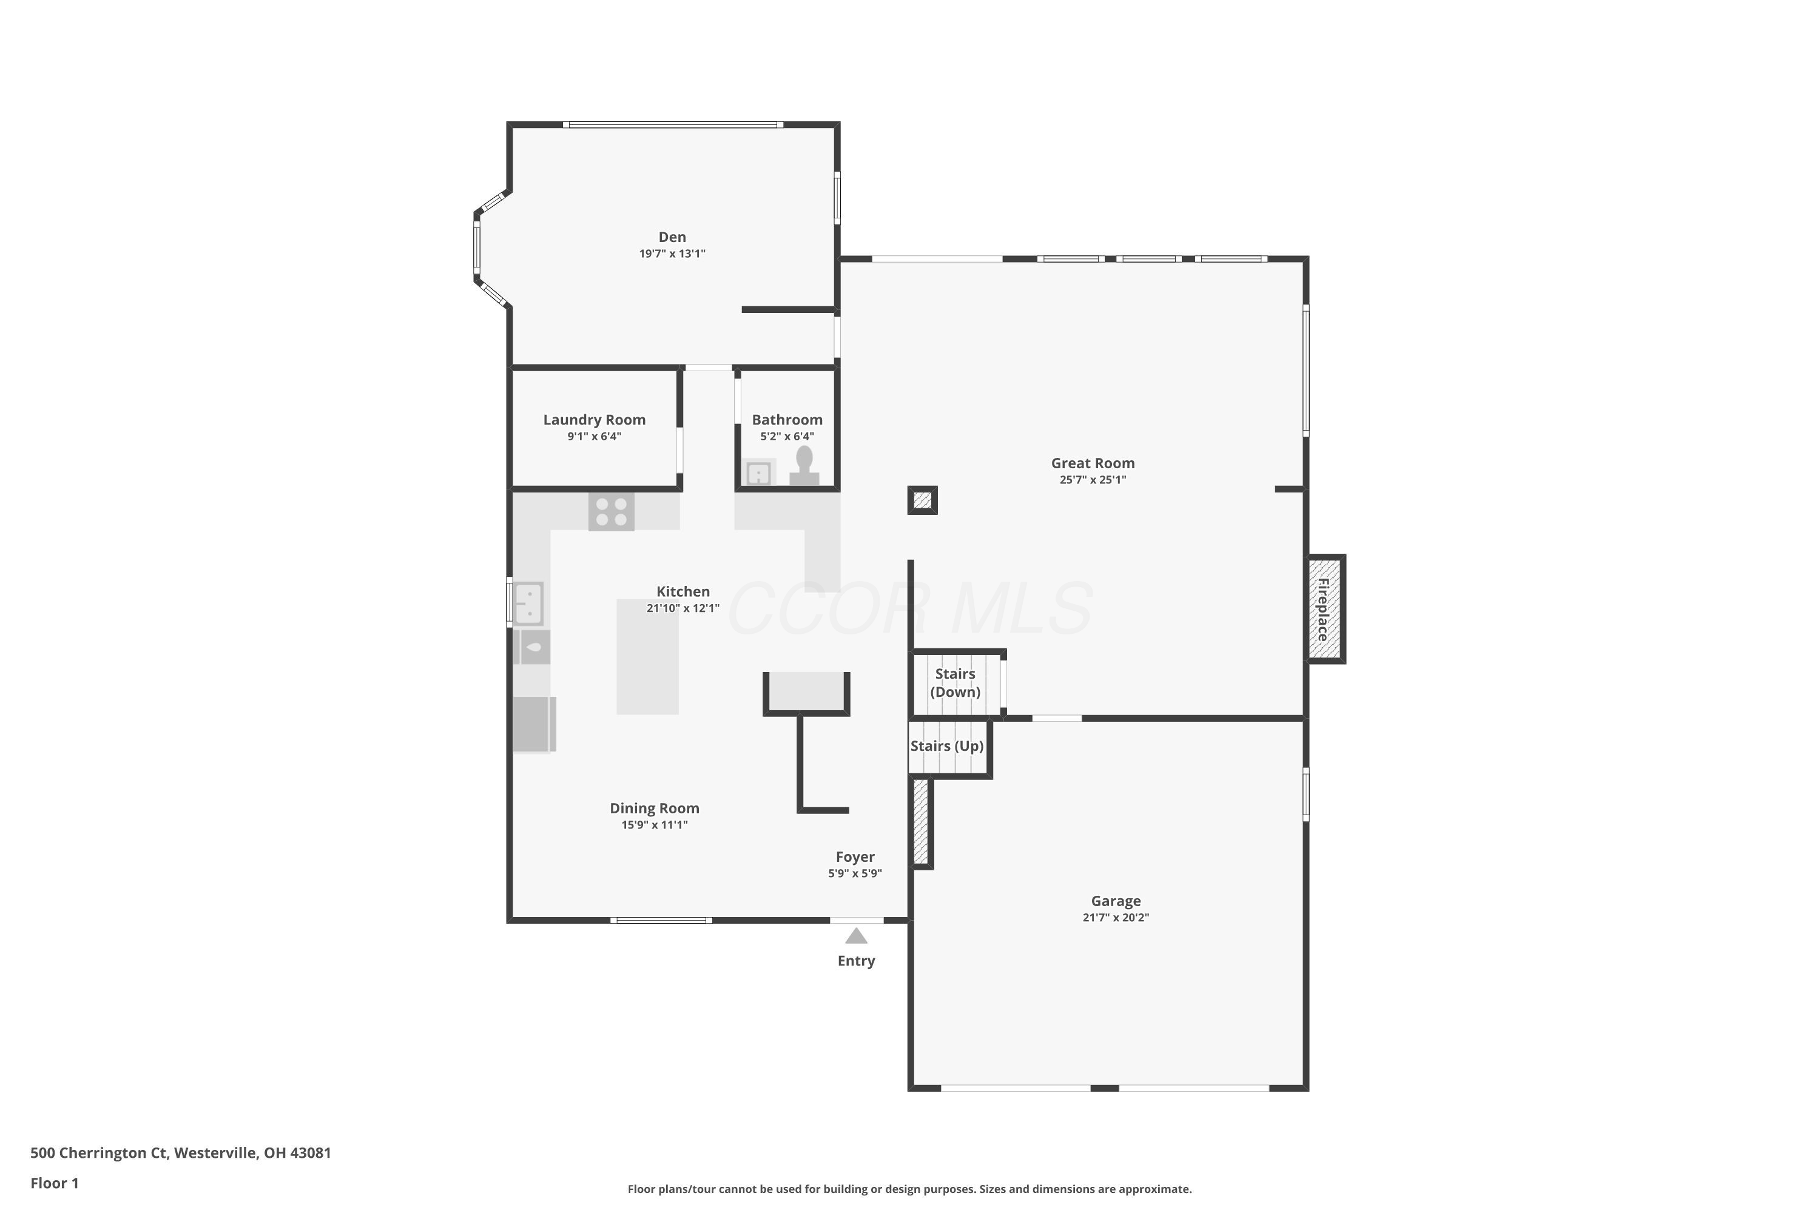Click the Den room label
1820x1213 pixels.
[x=672, y=237]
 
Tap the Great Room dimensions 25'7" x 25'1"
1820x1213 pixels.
[x=1092, y=480]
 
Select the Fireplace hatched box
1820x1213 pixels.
[x=1325, y=609]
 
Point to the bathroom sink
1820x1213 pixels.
[x=758, y=472]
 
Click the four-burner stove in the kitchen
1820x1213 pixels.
[x=612, y=511]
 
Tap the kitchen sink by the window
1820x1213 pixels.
[x=529, y=603]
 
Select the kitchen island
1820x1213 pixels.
[x=647, y=656]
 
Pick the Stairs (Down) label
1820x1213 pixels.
[x=955, y=682]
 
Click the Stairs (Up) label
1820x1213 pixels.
[x=946, y=746]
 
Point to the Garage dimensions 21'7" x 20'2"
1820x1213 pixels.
[x=1115, y=918]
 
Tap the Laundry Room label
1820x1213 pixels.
[x=593, y=419]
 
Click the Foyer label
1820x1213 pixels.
[x=854, y=856]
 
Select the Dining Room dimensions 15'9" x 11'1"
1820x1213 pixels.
[x=654, y=825]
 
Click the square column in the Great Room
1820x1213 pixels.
[x=922, y=500]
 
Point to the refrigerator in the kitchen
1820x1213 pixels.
[x=534, y=724]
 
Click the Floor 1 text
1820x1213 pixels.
[x=54, y=1183]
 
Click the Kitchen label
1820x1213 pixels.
[x=682, y=591]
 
